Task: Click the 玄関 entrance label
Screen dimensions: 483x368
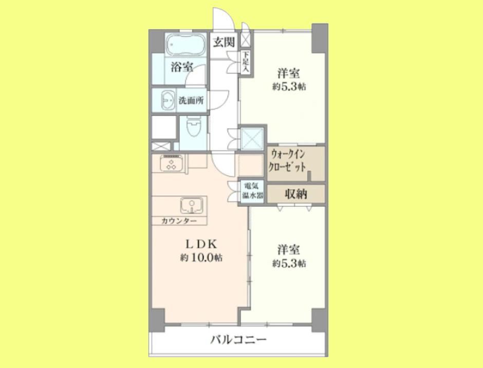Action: [x=224, y=42]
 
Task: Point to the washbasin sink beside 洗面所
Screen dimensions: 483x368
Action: [x=168, y=100]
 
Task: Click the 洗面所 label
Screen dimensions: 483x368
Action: [x=191, y=100]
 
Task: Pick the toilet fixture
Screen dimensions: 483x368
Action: [x=193, y=126]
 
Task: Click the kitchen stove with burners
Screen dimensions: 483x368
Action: [x=171, y=163]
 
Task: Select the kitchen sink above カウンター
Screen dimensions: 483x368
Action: [x=192, y=205]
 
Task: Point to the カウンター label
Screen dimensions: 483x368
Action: [x=179, y=221]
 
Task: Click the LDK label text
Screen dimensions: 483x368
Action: [x=201, y=244]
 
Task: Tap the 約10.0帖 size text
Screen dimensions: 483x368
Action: [x=201, y=258]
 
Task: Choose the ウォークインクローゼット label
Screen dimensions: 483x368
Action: [x=287, y=161]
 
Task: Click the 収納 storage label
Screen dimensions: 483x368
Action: [x=296, y=194]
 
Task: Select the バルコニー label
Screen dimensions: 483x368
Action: [x=239, y=340]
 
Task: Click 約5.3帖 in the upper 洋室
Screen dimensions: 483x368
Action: [x=289, y=87]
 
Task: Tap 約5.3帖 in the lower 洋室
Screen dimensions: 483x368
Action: [x=289, y=264]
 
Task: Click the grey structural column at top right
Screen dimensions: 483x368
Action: [x=320, y=38]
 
